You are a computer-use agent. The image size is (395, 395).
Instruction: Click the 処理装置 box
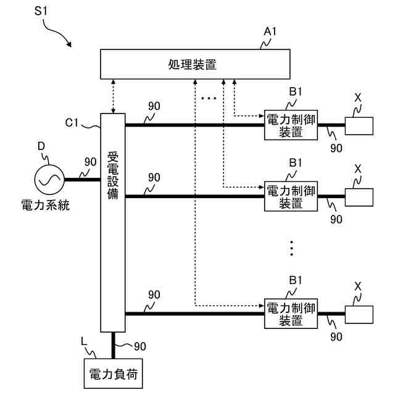coord(195,64)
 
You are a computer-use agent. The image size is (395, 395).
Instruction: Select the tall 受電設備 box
coord(113,223)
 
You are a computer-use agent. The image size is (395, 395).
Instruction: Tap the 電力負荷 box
coord(113,373)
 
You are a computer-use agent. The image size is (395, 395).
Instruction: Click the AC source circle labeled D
coord(49,180)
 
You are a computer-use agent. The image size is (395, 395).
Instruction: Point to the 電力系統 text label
coord(45,206)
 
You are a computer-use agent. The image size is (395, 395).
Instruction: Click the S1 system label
coord(41,11)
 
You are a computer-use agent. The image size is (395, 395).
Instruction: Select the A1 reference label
coord(270,31)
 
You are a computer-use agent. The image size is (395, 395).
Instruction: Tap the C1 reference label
coord(72,123)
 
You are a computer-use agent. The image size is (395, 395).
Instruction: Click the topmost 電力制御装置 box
coord(291,125)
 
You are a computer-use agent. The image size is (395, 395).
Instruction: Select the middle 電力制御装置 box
coord(291,196)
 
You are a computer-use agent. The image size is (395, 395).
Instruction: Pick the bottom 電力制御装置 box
coord(291,314)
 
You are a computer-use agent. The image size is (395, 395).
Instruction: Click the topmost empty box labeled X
coord(359,126)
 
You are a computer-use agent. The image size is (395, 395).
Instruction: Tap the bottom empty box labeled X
coord(359,315)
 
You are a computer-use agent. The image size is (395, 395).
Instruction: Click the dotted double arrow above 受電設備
coord(113,96)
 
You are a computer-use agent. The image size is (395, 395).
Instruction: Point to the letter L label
coord(84,342)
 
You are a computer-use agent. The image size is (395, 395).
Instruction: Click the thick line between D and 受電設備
coord(82,180)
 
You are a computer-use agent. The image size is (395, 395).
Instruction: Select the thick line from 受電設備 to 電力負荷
coord(113,346)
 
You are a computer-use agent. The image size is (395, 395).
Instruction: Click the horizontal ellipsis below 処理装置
coord(209,98)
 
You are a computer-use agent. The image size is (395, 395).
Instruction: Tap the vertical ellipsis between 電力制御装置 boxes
coord(291,248)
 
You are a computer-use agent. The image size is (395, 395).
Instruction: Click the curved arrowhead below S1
coord(69,44)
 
